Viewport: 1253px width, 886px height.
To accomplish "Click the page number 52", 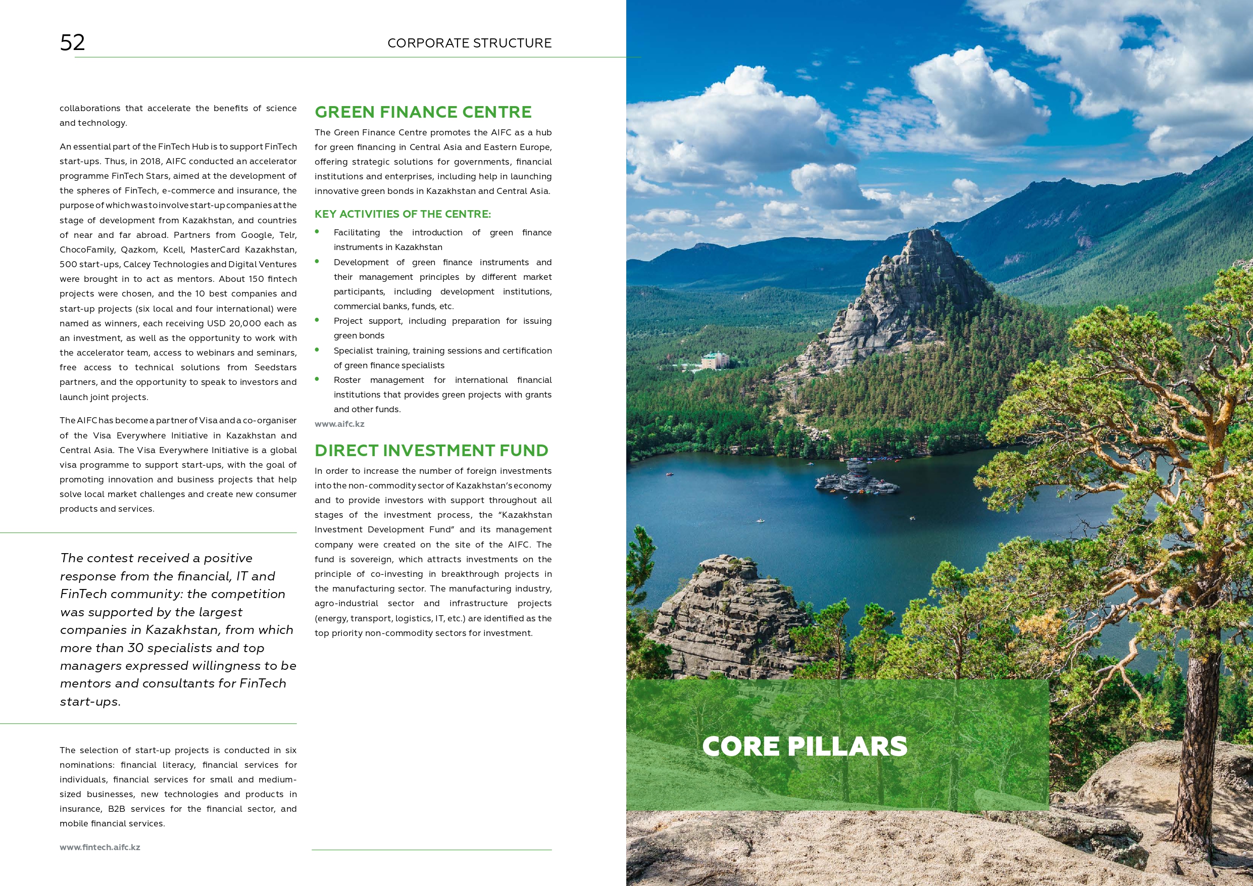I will [x=73, y=42].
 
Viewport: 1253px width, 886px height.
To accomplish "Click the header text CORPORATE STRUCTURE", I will [x=469, y=43].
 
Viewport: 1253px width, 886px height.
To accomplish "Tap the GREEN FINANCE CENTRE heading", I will [x=423, y=112].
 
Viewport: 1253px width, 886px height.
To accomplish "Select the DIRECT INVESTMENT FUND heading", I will [x=431, y=451].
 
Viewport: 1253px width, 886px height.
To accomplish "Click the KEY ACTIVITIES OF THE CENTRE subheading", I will [x=403, y=214].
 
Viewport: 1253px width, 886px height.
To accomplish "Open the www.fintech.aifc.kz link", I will [x=100, y=847].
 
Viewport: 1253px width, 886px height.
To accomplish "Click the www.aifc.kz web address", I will [x=339, y=424].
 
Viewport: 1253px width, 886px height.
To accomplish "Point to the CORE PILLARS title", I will [x=805, y=746].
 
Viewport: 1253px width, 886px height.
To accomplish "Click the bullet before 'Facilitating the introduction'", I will [x=317, y=232].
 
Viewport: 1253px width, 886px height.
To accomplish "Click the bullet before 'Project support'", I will [x=317, y=320].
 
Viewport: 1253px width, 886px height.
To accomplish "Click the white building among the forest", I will [x=716, y=360].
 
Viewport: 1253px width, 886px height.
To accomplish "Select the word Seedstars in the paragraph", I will [x=275, y=367].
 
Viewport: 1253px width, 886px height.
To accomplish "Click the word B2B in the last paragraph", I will [x=116, y=809].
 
